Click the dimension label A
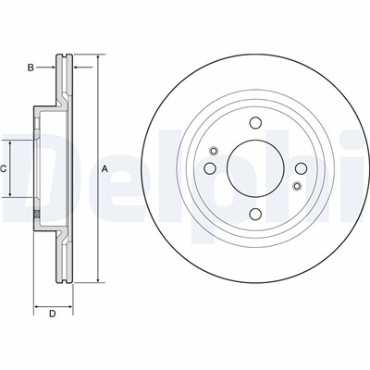[105, 168]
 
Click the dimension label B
[31, 68]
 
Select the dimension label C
[3, 168]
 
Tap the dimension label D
[53, 314]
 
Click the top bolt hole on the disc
[255, 123]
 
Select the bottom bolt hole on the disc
[255, 214]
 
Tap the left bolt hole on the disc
[210, 168]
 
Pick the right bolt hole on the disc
[301, 168]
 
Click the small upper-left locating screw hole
[214, 151]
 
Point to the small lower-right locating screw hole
[297, 186]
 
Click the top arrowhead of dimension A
[98, 57]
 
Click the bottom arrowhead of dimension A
[98, 278]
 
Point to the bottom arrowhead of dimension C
[10, 193]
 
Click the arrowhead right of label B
[53, 68]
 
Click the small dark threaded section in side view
[37, 214]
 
